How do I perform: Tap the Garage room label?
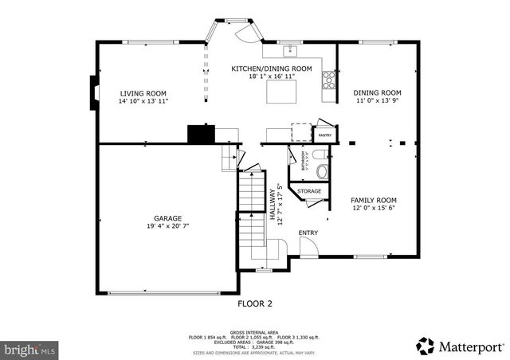(x=167, y=218)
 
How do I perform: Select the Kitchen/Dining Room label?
(x=271, y=69)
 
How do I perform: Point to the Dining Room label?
(x=377, y=93)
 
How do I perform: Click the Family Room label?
(x=374, y=200)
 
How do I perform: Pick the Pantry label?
(x=324, y=135)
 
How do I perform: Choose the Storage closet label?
(x=309, y=192)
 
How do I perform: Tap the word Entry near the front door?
(x=308, y=233)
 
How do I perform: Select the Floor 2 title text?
(x=255, y=303)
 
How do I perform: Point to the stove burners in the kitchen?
(x=328, y=79)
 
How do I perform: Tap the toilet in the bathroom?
(x=320, y=170)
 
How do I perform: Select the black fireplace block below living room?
(x=198, y=134)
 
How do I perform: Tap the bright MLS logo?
(x=29, y=348)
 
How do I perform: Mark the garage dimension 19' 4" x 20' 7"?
(x=167, y=227)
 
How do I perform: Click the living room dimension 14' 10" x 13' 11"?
(x=143, y=102)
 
